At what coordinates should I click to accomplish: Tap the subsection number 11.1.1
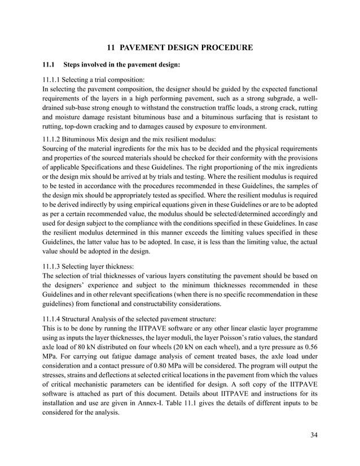(52, 80)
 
